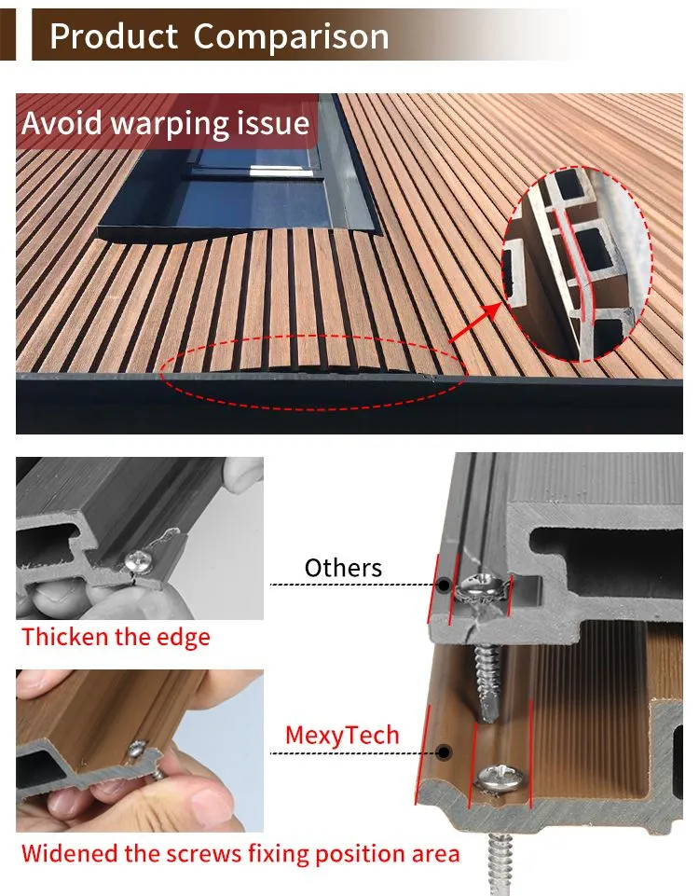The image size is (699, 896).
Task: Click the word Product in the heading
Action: [114, 36]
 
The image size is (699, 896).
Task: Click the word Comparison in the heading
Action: [291, 36]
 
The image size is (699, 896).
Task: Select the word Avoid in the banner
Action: [62, 123]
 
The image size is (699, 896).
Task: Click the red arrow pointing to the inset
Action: [475, 323]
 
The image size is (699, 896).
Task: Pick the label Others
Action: [343, 568]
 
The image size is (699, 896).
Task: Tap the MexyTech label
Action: [342, 736]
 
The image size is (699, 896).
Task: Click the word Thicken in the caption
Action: [65, 637]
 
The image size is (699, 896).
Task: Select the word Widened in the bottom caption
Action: [70, 854]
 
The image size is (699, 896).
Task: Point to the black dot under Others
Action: [444, 585]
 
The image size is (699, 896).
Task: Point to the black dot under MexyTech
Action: [444, 752]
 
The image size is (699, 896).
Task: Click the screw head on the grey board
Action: [484, 586]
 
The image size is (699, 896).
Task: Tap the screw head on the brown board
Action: [500, 778]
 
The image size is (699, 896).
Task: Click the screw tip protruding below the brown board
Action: [500, 863]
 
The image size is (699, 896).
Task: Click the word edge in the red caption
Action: [186, 638]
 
